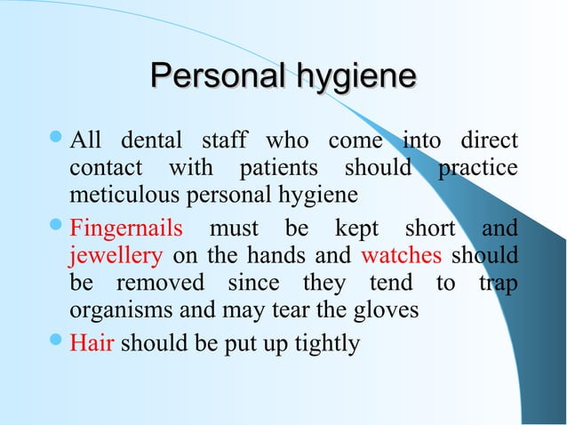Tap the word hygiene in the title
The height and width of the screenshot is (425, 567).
pos(355,77)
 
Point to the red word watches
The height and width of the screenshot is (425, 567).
pos(401,257)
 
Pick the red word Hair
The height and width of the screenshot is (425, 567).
pos(91,342)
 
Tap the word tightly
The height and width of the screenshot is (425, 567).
pos(321,343)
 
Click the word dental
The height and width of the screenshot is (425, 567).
pos(148,140)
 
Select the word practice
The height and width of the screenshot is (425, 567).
pos(479,168)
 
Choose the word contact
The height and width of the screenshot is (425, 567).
pos(103,168)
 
